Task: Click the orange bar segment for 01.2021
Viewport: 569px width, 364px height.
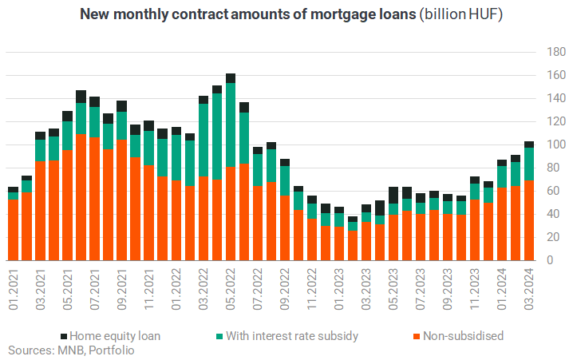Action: pyautogui.click(x=13, y=230)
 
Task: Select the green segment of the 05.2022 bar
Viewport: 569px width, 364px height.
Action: pyautogui.click(x=231, y=125)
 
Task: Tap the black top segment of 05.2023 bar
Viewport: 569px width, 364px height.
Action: pyautogui.click(x=393, y=196)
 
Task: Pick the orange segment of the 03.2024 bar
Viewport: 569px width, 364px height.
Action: pyautogui.click(x=529, y=220)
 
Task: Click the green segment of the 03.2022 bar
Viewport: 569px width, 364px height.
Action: pyautogui.click(x=203, y=140)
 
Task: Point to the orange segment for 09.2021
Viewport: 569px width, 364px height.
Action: pyautogui.click(x=122, y=200)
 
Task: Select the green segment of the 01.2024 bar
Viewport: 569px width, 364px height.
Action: pyautogui.click(x=502, y=176)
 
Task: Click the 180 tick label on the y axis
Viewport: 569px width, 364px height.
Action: pyautogui.click(x=556, y=52)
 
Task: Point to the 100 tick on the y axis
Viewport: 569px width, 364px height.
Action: pyautogui.click(x=556, y=144)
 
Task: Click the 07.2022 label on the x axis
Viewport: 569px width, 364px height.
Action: pyautogui.click(x=258, y=289)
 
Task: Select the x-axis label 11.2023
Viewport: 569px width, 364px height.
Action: pyautogui.click(x=475, y=289)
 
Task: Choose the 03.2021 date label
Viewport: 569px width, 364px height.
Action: pyautogui.click(x=40, y=289)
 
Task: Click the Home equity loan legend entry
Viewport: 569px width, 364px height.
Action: pyautogui.click(x=111, y=336)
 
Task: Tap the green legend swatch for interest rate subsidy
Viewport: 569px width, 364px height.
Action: pyautogui.click(x=219, y=336)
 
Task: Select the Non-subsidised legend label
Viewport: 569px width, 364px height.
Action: pyautogui.click(x=464, y=336)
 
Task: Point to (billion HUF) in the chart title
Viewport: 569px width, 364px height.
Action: pyautogui.click(x=460, y=14)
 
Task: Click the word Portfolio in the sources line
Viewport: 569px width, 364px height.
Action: pyautogui.click(x=112, y=350)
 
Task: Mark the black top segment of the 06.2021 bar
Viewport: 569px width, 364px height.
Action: pyautogui.click(x=81, y=97)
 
